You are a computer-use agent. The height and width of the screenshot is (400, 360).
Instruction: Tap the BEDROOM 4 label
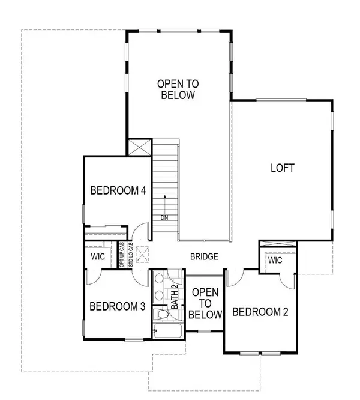tap(118, 191)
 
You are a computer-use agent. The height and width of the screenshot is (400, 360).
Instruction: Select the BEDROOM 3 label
tap(118, 306)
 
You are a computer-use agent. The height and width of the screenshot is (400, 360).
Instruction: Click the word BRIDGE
tap(204, 256)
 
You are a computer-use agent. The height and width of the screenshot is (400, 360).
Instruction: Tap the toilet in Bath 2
tap(160, 315)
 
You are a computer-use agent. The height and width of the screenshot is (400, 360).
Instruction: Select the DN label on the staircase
tap(164, 217)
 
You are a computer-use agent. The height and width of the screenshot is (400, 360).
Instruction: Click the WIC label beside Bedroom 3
tap(98, 256)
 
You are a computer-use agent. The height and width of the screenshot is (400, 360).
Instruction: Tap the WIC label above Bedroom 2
tap(275, 261)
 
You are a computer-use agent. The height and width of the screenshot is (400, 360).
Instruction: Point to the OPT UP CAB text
tap(122, 255)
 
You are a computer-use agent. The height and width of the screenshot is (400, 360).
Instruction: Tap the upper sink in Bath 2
tap(160, 279)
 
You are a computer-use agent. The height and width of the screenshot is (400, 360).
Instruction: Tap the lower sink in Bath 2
tap(160, 295)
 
